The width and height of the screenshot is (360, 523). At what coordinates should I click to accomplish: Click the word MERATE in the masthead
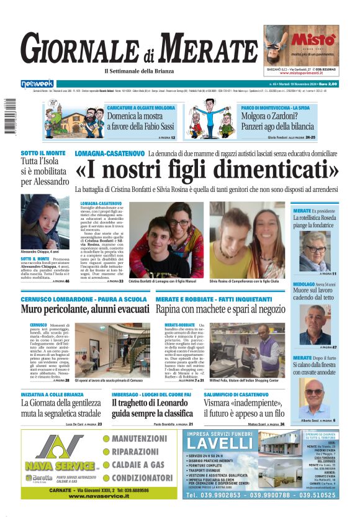click(211, 48)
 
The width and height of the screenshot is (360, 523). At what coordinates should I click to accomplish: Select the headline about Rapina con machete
click(220, 309)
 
